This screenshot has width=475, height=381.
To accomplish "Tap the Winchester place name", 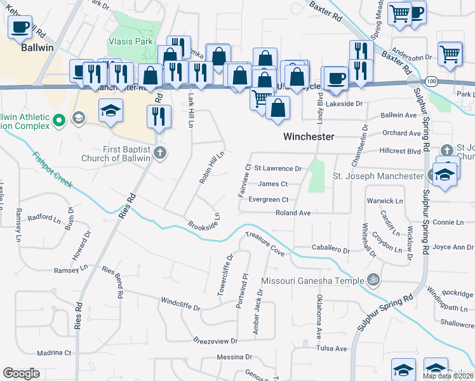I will [309, 137].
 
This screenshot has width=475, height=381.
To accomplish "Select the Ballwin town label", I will [37, 47].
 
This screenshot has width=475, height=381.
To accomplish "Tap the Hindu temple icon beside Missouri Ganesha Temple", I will [373, 279].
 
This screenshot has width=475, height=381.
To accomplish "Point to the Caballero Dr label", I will [330, 250].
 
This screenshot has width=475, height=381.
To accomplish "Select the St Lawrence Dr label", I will [278, 169].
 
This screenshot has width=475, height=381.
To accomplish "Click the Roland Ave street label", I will [293, 213].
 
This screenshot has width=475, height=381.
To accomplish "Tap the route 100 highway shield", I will [432, 81].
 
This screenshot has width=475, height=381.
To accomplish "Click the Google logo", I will [22, 373].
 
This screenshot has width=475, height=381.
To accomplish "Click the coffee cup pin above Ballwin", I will [20, 27].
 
